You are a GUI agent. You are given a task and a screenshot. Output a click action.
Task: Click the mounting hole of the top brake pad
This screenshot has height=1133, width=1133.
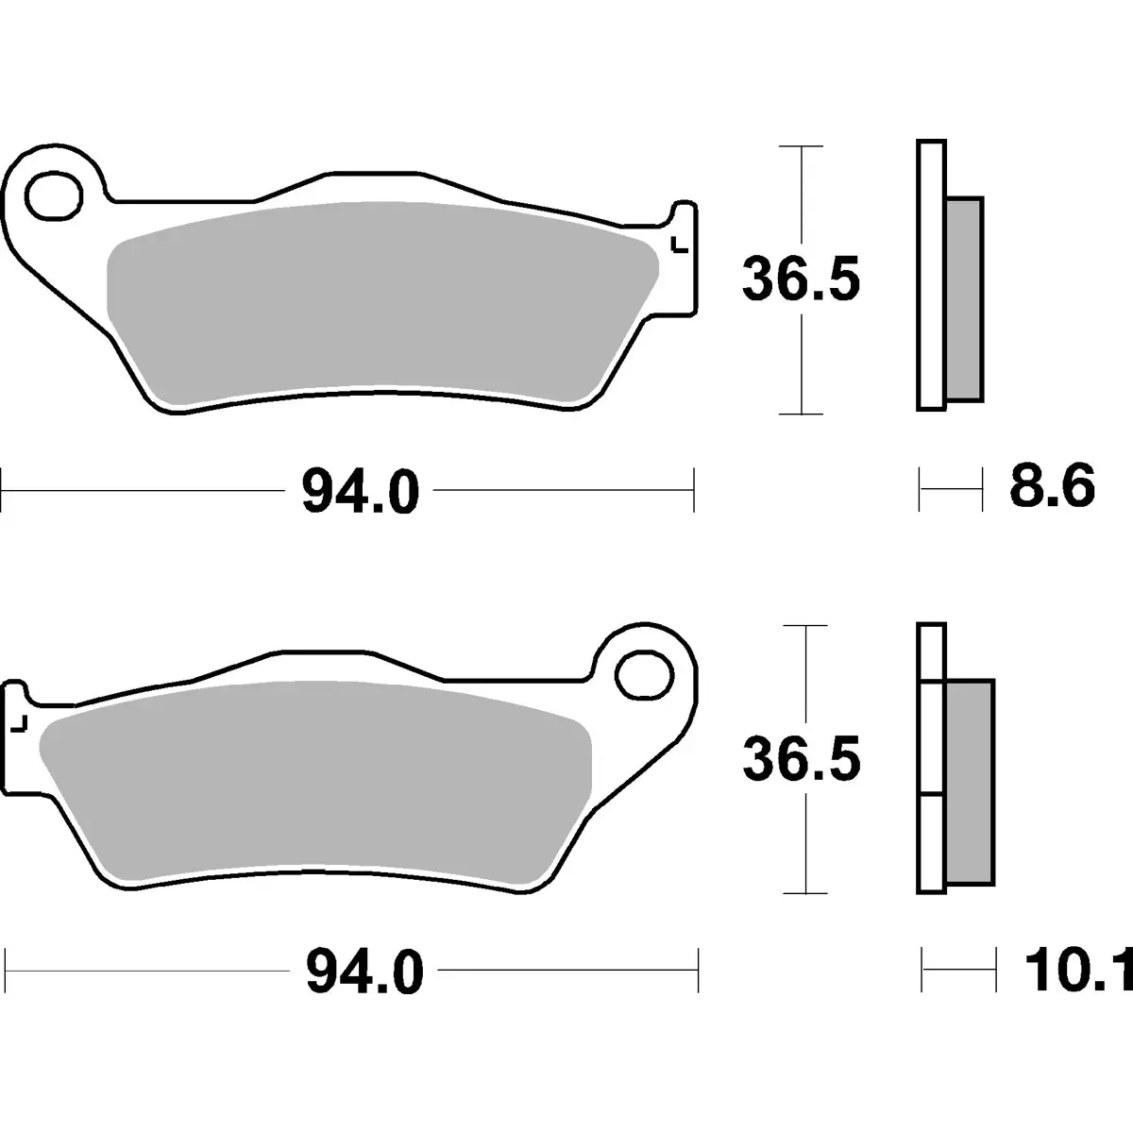point(54,195)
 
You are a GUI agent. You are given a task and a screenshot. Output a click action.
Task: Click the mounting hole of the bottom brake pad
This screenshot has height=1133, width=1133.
point(644,675)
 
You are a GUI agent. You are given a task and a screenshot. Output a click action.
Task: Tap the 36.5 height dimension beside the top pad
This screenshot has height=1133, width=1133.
point(802,279)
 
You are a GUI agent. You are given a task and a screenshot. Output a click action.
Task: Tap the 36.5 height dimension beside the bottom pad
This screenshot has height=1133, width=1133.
point(802,759)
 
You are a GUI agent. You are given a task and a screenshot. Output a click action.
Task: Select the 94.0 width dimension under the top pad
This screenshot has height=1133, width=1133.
point(361,490)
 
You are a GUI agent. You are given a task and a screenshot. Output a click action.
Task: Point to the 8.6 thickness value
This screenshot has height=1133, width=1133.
point(1053,485)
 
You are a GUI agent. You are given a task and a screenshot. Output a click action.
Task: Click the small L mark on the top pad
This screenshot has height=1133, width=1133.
point(680,245)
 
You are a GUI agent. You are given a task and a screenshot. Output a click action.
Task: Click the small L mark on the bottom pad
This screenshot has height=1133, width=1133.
point(20,724)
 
